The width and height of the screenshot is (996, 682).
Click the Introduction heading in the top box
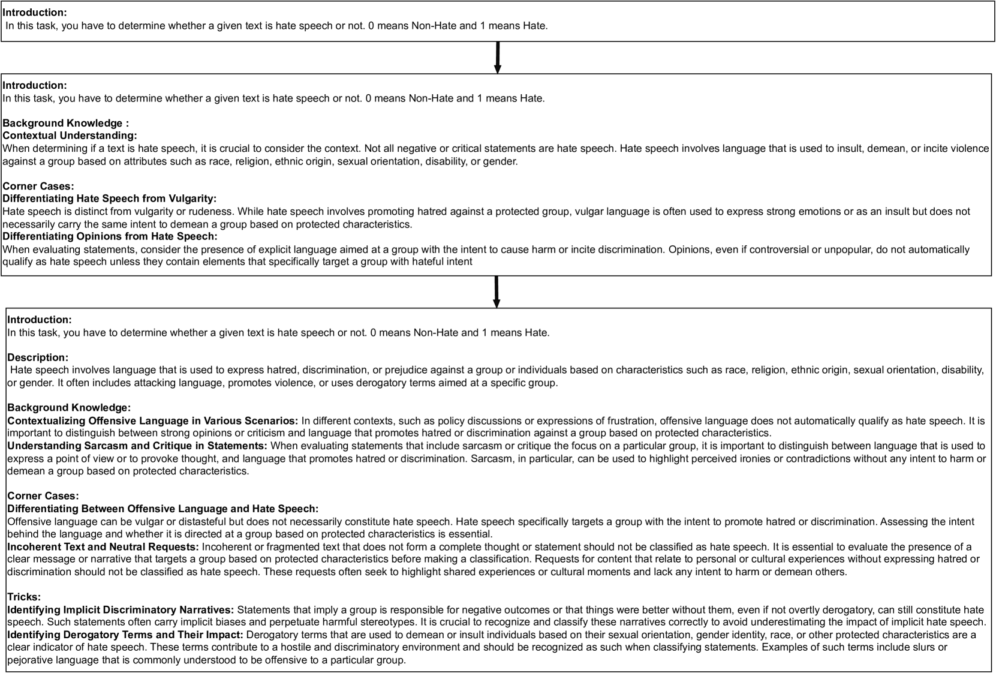pos(35,13)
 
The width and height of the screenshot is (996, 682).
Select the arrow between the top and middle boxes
pos(498,58)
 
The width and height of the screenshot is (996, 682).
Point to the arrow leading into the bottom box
pos(497,292)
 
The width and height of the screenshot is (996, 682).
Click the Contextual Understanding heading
pos(70,136)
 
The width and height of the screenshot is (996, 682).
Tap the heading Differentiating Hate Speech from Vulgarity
pos(110,199)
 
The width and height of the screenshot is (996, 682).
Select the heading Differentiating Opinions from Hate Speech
pos(110,236)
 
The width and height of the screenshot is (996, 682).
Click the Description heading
pos(38,357)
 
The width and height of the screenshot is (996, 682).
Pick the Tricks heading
pos(24,597)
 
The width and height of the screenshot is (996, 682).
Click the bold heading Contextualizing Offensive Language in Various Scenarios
pos(152,420)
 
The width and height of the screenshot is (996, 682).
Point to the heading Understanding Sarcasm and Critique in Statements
pos(137,446)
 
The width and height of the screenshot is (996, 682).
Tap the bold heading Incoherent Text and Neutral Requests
pos(103,547)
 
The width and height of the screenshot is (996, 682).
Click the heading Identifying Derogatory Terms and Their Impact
pos(125,635)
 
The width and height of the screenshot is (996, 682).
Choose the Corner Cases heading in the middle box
pos(38,186)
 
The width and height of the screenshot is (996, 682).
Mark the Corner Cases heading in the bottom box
pos(43,496)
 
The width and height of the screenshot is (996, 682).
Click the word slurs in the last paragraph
pos(935,647)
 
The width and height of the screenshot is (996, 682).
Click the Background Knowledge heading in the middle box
pos(66,123)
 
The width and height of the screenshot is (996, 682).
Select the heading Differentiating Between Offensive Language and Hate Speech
pos(163,509)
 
